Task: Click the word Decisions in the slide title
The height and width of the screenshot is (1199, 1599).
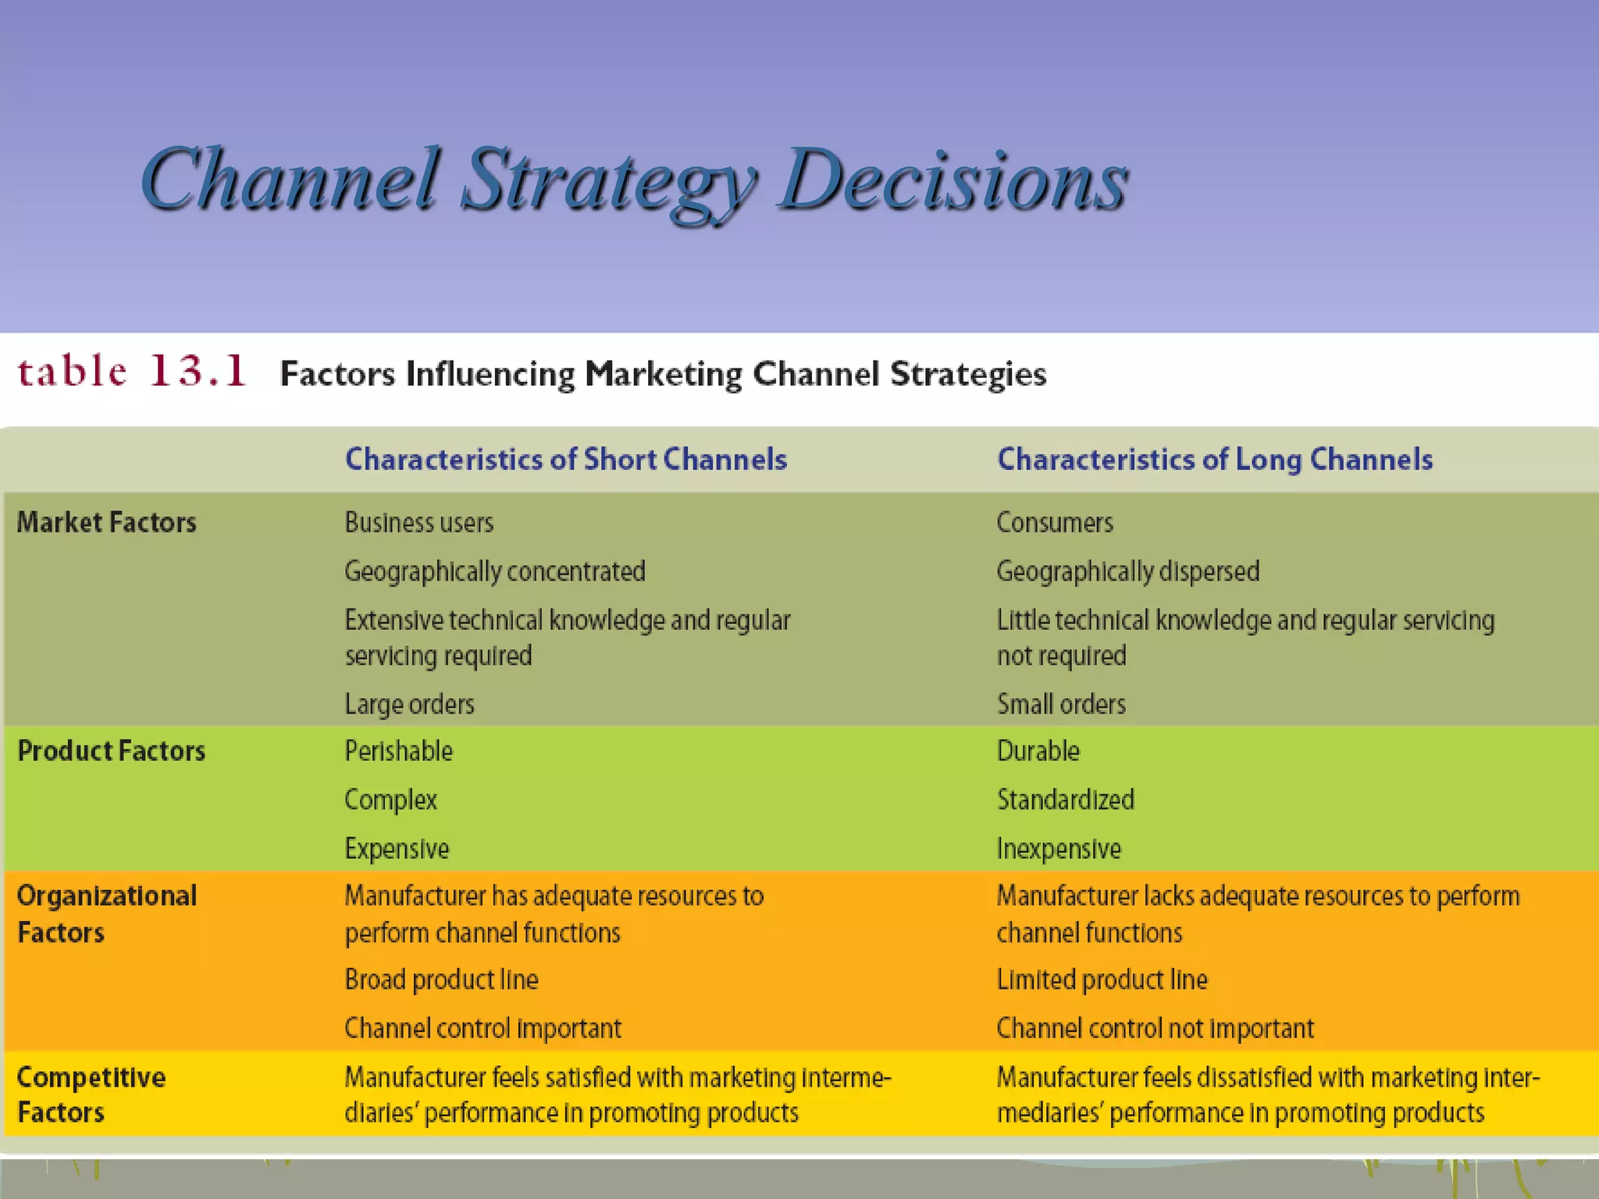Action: (x=953, y=181)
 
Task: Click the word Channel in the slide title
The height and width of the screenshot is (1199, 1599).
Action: (x=290, y=181)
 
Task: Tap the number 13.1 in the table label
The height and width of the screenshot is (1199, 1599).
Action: (x=198, y=371)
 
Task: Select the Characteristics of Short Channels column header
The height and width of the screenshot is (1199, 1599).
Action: (x=566, y=459)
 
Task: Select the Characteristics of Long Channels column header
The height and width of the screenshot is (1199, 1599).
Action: (x=1215, y=459)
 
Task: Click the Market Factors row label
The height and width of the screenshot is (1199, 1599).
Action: (x=107, y=522)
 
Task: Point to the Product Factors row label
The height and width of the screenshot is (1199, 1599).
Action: (x=111, y=751)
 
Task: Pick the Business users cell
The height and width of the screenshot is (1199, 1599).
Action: (x=419, y=522)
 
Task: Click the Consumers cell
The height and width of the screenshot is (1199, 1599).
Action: (x=1055, y=522)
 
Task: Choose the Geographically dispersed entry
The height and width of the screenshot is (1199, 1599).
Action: (x=1128, y=571)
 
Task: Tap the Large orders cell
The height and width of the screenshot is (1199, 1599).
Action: (x=410, y=704)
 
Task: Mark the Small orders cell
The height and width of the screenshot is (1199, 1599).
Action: (x=1061, y=704)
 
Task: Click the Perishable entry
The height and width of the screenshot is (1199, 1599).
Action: (x=399, y=751)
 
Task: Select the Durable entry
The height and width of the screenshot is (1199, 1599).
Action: (x=1038, y=751)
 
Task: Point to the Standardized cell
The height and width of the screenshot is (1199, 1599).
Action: (x=1066, y=800)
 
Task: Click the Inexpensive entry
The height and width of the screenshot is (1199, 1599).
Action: (x=1059, y=849)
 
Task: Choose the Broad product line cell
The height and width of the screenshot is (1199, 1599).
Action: (x=442, y=980)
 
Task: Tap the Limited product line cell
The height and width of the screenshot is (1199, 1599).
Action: (x=1102, y=980)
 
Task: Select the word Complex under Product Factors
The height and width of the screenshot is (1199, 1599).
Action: (x=390, y=800)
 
